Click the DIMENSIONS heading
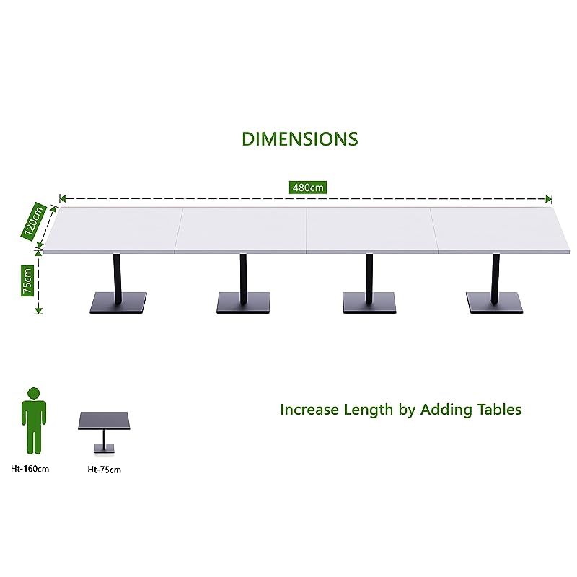coord(299,138)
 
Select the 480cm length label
coord(309,188)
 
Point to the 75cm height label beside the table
coord(27,280)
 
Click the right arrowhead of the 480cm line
coord(549,198)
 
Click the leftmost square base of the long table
coord(118,303)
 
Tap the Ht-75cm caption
coord(105,470)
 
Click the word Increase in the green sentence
coord(310,410)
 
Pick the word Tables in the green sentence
coord(498,410)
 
